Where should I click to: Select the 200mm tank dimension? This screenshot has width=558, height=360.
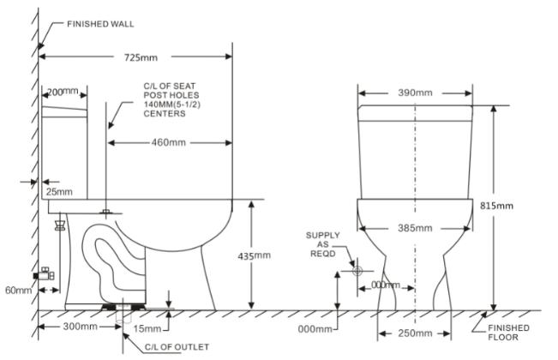pos(63,91)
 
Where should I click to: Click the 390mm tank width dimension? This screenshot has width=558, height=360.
pos(415,92)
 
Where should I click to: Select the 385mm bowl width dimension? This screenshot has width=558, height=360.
pos(415,228)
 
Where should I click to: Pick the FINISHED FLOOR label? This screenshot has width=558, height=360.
pos(507,333)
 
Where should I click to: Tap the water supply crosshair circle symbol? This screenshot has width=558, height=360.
pos(356,271)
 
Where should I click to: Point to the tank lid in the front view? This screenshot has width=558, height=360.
pos(416,111)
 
